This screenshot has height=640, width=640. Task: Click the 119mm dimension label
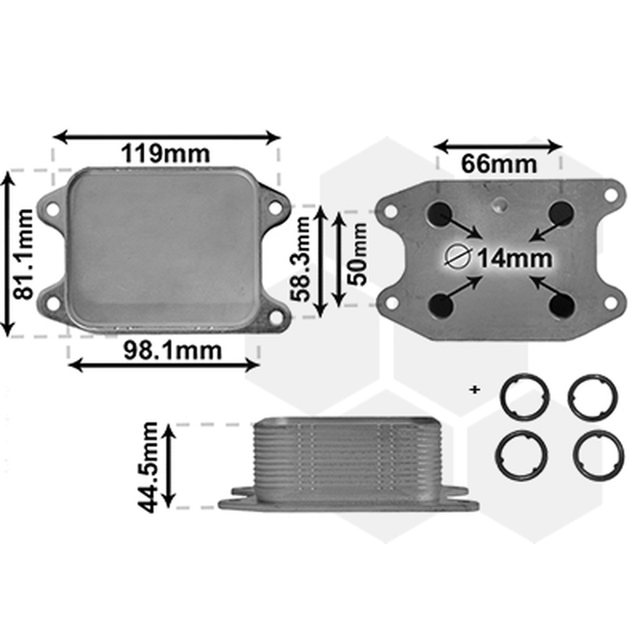tap(166, 154)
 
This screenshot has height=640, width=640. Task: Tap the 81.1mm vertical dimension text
tap(23, 254)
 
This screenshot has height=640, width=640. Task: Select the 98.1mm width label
tap(172, 350)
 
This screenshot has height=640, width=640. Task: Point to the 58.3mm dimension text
tap(302, 259)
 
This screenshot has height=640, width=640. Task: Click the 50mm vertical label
tap(357, 254)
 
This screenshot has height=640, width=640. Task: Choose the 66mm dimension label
tap(498, 164)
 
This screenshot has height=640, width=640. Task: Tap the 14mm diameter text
tap(515, 258)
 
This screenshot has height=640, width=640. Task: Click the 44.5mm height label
tap(147, 467)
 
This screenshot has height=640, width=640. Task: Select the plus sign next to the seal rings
tap(474, 390)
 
